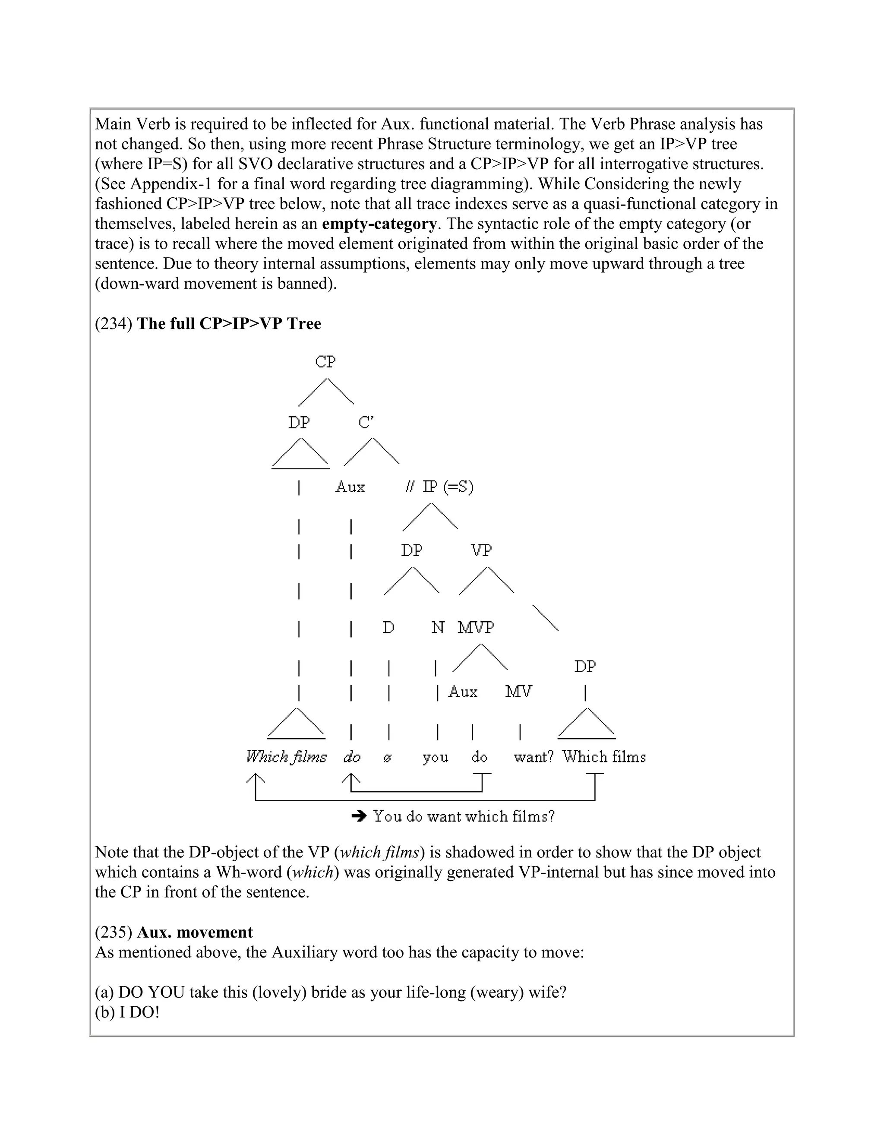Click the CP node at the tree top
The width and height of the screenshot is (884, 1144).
pyautogui.click(x=325, y=362)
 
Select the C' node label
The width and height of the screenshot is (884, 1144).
pyautogui.click(x=366, y=422)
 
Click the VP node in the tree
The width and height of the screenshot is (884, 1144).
pyautogui.click(x=481, y=550)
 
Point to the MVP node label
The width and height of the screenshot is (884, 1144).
pyautogui.click(x=476, y=627)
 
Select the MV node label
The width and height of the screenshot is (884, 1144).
pyautogui.click(x=518, y=692)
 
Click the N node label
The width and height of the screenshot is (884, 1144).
pyautogui.click(x=437, y=627)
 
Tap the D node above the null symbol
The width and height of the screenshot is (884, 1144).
pyautogui.click(x=388, y=627)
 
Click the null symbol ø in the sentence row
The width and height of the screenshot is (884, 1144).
pyautogui.click(x=387, y=758)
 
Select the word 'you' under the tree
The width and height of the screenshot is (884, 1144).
pyautogui.click(x=435, y=758)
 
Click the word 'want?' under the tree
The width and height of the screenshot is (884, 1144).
pyautogui.click(x=533, y=758)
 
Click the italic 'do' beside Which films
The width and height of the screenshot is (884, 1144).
pyautogui.click(x=352, y=758)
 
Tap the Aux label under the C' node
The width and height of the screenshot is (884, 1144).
pyautogui.click(x=350, y=487)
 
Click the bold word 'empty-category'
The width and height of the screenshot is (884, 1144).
pyautogui.click(x=379, y=224)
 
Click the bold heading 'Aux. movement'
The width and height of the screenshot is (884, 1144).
pyautogui.click(x=194, y=932)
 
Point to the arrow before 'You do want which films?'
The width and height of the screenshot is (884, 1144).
pyautogui.click(x=359, y=816)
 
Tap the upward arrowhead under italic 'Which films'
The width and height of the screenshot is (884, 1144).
pyautogui.click(x=255, y=778)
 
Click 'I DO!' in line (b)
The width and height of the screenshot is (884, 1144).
pyautogui.click(x=139, y=1012)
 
